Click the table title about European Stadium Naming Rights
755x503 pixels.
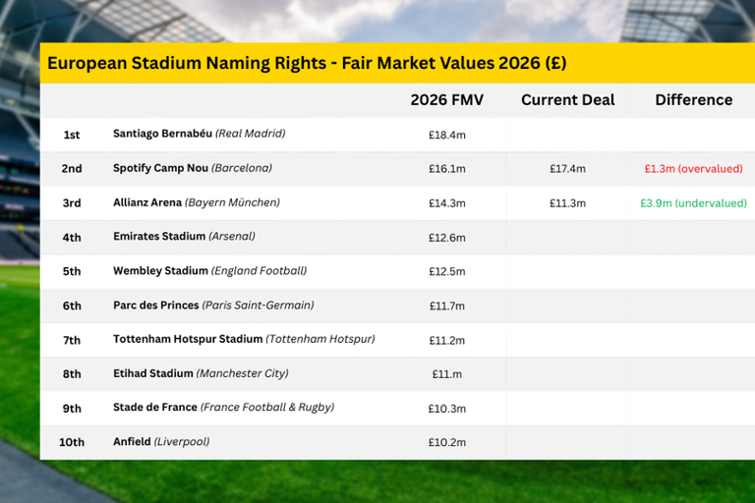click(307, 63)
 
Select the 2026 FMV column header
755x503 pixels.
click(446, 100)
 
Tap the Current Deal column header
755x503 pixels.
click(567, 100)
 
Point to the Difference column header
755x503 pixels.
click(693, 100)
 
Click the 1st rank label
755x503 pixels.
click(72, 135)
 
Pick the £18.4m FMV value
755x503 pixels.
click(446, 135)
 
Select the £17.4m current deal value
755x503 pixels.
click(567, 169)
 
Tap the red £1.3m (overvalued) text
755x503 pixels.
click(693, 169)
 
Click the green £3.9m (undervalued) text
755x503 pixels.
click(693, 203)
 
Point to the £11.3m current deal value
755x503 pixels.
click(567, 203)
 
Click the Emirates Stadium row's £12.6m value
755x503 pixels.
click(446, 238)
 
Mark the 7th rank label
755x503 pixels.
click(72, 340)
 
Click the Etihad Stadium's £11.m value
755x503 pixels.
click(446, 374)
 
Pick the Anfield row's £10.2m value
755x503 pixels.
click(446, 442)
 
